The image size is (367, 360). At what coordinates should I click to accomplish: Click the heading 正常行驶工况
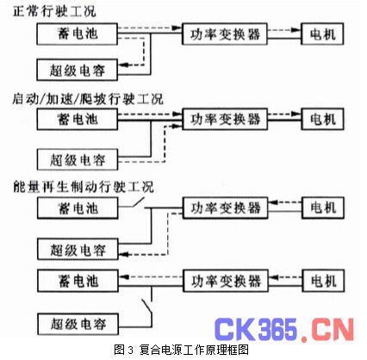pyautogui.click(x=54, y=12)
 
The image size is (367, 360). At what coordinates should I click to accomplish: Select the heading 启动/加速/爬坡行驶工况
pyautogui.click(x=88, y=99)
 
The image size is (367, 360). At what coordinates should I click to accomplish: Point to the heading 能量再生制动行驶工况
pyautogui.click(x=84, y=187)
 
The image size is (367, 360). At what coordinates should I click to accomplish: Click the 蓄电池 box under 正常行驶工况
pyautogui.click(x=78, y=34)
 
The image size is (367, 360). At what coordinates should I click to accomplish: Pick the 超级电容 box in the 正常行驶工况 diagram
pyautogui.click(x=78, y=70)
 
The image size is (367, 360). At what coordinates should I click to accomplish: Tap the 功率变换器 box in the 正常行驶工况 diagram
pyautogui.click(x=225, y=34)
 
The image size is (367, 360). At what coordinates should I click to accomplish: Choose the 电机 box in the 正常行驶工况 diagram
pyautogui.click(x=322, y=34)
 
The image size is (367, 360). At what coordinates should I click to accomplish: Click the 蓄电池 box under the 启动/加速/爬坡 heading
pyautogui.click(x=78, y=119)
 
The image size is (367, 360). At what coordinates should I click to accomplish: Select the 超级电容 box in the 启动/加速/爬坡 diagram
pyautogui.click(x=78, y=159)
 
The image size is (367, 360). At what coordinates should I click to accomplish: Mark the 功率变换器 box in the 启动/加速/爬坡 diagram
pyautogui.click(x=225, y=119)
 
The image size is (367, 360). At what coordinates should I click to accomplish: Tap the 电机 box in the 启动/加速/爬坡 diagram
pyautogui.click(x=322, y=119)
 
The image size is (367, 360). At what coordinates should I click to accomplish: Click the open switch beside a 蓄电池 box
pyautogui.click(x=138, y=203)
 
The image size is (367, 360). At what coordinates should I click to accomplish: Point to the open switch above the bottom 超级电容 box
pyautogui.click(x=146, y=307)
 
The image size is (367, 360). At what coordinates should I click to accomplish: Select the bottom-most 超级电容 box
pyautogui.click(x=78, y=324)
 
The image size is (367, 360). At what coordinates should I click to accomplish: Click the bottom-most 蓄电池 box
pyautogui.click(x=78, y=281)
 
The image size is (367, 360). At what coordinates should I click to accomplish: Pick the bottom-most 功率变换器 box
pyautogui.click(x=226, y=281)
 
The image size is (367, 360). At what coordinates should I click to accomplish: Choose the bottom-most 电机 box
pyautogui.click(x=323, y=281)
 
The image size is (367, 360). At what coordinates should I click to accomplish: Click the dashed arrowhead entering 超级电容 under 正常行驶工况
pyautogui.click(x=123, y=65)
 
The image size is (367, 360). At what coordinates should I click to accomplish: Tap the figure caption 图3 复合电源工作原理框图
pyautogui.click(x=181, y=350)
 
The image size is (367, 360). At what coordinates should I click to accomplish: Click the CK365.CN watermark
pyautogui.click(x=284, y=329)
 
